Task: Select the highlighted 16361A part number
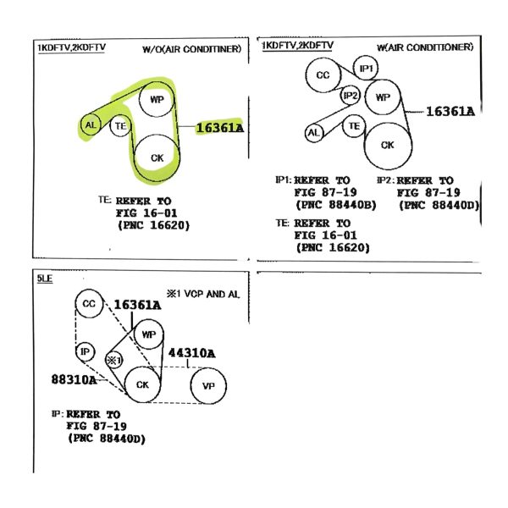(x=219, y=128)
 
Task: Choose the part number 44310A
(x=191, y=353)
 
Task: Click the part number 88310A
(x=74, y=379)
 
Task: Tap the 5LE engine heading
(x=45, y=279)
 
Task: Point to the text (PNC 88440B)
(x=336, y=205)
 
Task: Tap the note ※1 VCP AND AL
(x=203, y=294)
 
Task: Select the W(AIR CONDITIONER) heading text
(x=425, y=47)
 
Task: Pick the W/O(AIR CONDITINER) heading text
(x=192, y=49)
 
